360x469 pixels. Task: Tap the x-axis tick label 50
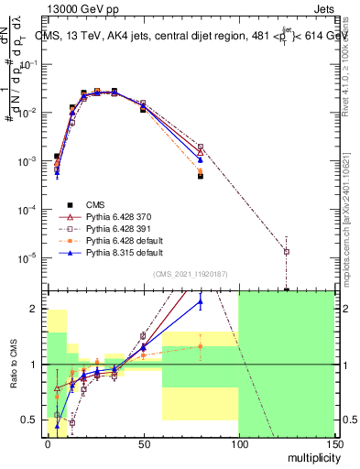pyautogui.click(x=143, y=444)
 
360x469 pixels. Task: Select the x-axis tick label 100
pyautogui.click(x=238, y=444)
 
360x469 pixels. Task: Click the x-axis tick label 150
pyautogui.click(x=333, y=444)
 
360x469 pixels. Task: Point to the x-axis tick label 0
pyautogui.click(x=49, y=444)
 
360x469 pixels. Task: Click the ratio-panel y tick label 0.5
pyautogui.click(x=30, y=420)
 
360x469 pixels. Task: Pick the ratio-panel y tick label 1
pyautogui.click(x=34, y=365)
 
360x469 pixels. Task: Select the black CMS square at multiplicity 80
pyautogui.click(x=200, y=176)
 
